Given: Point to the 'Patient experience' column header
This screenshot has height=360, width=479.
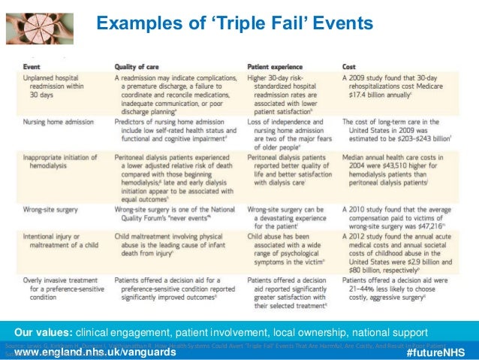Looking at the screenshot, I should coord(279,66).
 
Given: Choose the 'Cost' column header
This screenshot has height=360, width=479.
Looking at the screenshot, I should coord(350,66).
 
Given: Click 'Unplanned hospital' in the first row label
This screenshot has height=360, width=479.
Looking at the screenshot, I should coord(56,78).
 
